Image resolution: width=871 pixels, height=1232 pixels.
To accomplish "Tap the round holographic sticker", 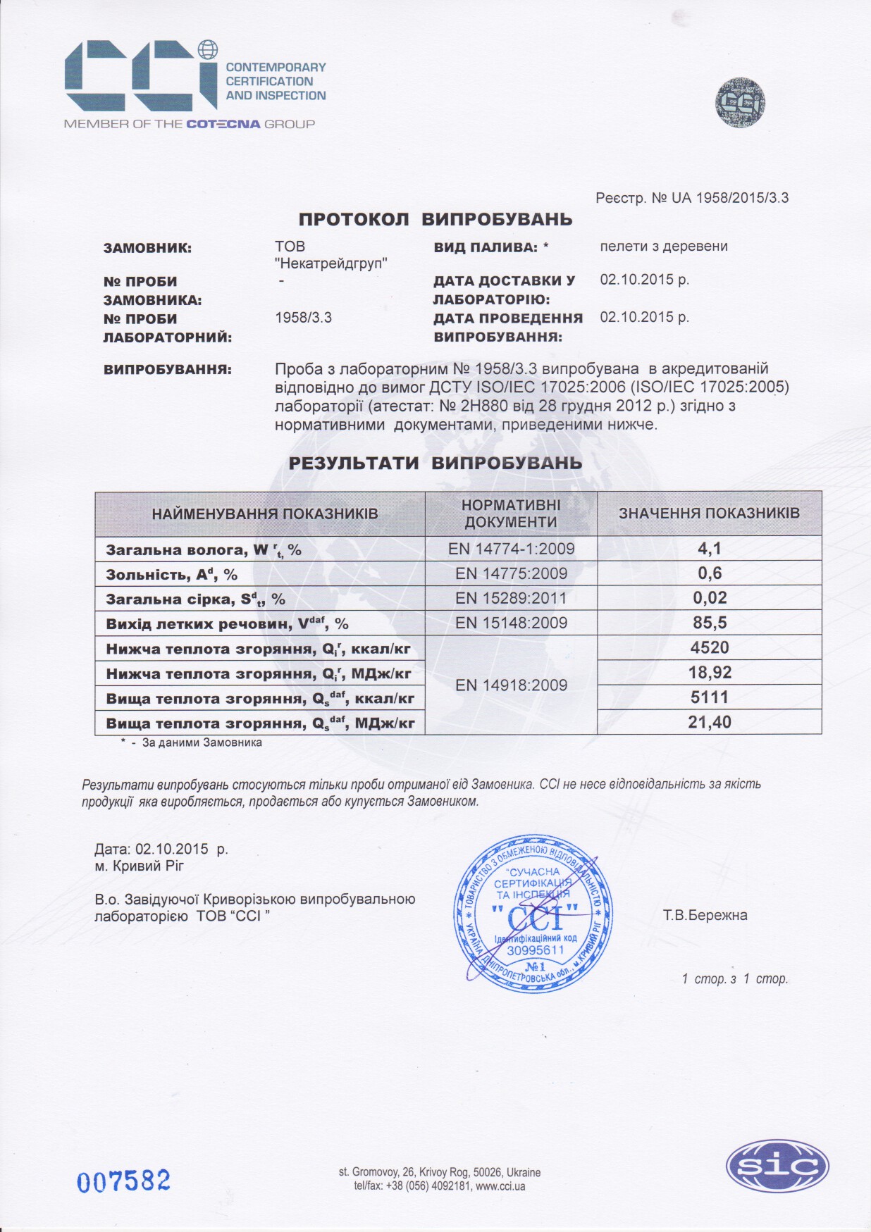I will click(740, 103).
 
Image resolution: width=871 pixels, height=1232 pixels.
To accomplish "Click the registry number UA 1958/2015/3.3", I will click(730, 198).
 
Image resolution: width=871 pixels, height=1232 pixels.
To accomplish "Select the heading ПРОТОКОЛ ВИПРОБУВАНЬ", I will click(435, 219).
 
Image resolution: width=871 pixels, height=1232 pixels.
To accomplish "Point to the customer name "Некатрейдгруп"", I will click(331, 263).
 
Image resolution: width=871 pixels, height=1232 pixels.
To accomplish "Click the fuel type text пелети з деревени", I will click(664, 247).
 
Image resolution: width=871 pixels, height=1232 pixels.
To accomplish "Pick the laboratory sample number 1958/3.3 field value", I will click(303, 318).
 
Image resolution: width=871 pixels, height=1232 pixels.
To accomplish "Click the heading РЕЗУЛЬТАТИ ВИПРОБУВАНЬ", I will click(435, 463).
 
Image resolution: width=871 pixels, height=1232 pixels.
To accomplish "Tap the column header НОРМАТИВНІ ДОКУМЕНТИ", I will click(511, 514).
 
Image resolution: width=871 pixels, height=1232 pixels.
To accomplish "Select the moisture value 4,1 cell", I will click(709, 549).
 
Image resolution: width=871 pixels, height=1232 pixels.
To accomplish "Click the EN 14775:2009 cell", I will click(511, 573).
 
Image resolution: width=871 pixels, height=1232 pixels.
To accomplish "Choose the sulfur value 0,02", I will click(709, 598).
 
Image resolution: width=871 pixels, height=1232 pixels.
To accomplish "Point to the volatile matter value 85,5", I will click(709, 623).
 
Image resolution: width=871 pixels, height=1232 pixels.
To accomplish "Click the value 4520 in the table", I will click(709, 647).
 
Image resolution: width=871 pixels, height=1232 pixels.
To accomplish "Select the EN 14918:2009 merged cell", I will click(511, 685).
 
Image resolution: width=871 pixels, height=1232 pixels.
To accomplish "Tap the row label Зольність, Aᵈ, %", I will click(172, 574).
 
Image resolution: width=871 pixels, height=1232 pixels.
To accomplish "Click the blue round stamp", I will click(533, 914).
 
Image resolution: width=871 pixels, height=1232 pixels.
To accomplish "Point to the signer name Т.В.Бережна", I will click(705, 915).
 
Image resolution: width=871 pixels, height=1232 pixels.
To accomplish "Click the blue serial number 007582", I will click(124, 1181).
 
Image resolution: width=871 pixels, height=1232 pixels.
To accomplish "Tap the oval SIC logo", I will click(777, 1166).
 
